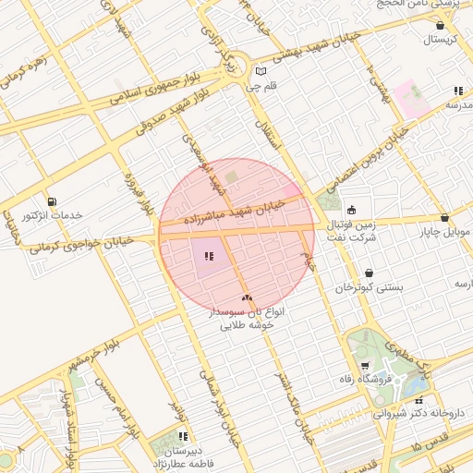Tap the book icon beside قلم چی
click(x=261, y=71)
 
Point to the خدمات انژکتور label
click(x=52, y=215)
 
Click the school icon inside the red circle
click(x=207, y=256)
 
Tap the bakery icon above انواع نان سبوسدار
click(x=247, y=297)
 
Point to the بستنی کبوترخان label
click(x=370, y=287)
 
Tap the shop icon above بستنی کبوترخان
click(x=370, y=273)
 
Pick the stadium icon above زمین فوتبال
click(x=351, y=208)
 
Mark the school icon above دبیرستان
click(x=183, y=436)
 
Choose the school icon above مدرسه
click(x=457, y=91)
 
